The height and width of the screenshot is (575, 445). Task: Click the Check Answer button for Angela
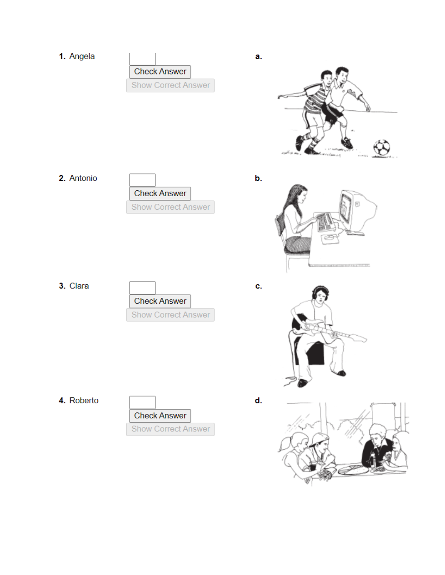[x=160, y=72]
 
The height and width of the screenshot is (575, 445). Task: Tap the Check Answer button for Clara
[x=160, y=301]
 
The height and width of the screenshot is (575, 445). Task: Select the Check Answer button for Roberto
[x=160, y=416]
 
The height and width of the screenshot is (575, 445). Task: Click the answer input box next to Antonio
[x=142, y=180]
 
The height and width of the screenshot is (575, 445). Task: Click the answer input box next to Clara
[x=142, y=287]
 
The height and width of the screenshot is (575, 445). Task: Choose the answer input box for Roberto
[x=142, y=402]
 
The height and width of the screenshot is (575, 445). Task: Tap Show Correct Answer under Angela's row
[x=170, y=85]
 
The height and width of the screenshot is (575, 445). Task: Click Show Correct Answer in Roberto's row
[x=170, y=429]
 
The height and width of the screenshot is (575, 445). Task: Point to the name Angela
[x=82, y=56]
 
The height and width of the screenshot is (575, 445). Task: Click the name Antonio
[x=83, y=178]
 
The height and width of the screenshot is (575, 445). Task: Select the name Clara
[x=79, y=286]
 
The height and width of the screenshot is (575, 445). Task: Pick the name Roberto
[x=84, y=400]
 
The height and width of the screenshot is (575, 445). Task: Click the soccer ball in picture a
[x=381, y=148]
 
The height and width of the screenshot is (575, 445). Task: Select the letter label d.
[x=258, y=401]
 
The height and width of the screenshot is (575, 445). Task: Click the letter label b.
[x=258, y=178]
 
